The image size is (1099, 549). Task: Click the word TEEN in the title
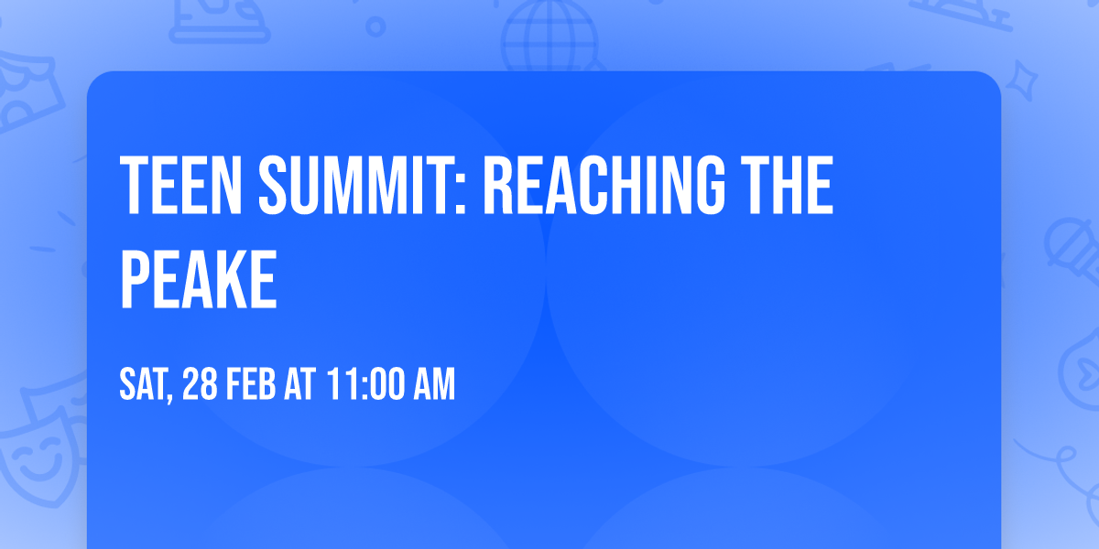(x=181, y=185)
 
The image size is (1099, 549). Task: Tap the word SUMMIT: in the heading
(x=362, y=185)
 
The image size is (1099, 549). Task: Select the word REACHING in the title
(x=604, y=185)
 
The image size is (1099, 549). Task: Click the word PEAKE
(x=199, y=279)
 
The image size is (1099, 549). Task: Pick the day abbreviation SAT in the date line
(x=143, y=383)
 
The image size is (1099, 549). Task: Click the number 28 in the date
(x=201, y=383)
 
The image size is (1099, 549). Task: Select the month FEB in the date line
(x=251, y=383)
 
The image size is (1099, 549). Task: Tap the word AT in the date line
(x=300, y=383)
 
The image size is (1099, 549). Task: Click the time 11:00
(x=365, y=383)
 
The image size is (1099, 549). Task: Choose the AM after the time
(x=435, y=383)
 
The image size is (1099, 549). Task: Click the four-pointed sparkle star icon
(x=1021, y=81)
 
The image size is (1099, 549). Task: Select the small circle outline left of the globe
(x=375, y=27)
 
